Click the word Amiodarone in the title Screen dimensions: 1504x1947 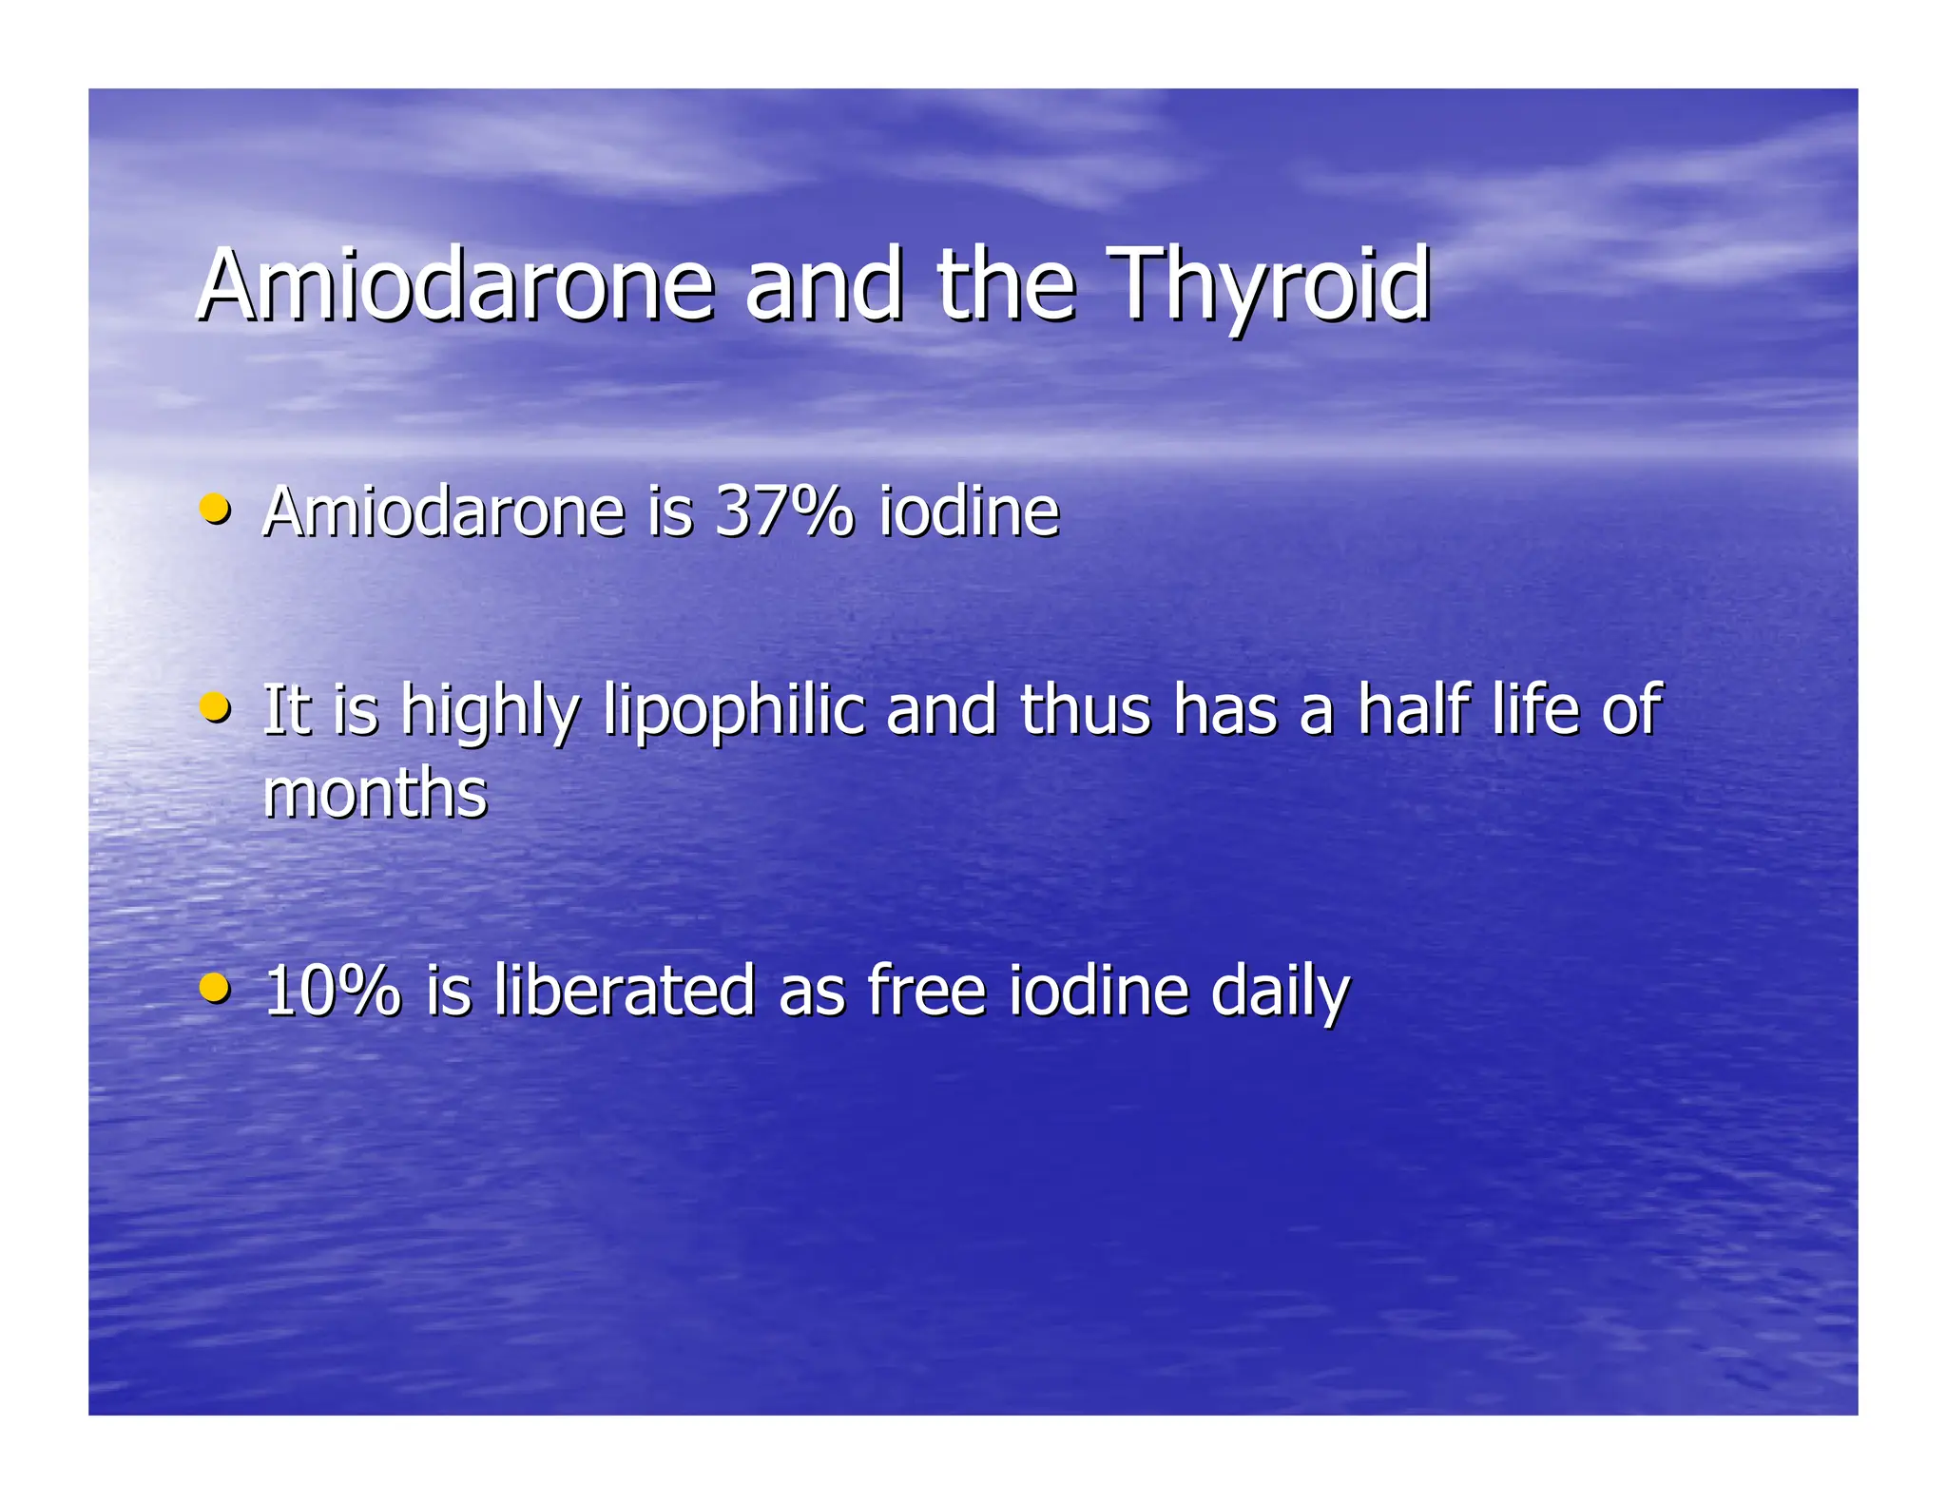(x=455, y=284)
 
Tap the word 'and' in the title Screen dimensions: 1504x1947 (x=823, y=284)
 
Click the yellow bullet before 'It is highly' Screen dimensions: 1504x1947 (x=216, y=705)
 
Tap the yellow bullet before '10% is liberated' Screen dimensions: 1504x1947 (x=216, y=986)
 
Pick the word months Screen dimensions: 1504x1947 (x=375, y=793)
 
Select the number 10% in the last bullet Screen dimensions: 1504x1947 (x=332, y=991)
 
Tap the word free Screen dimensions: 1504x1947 (x=925, y=991)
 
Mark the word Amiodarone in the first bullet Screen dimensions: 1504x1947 (x=443, y=511)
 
